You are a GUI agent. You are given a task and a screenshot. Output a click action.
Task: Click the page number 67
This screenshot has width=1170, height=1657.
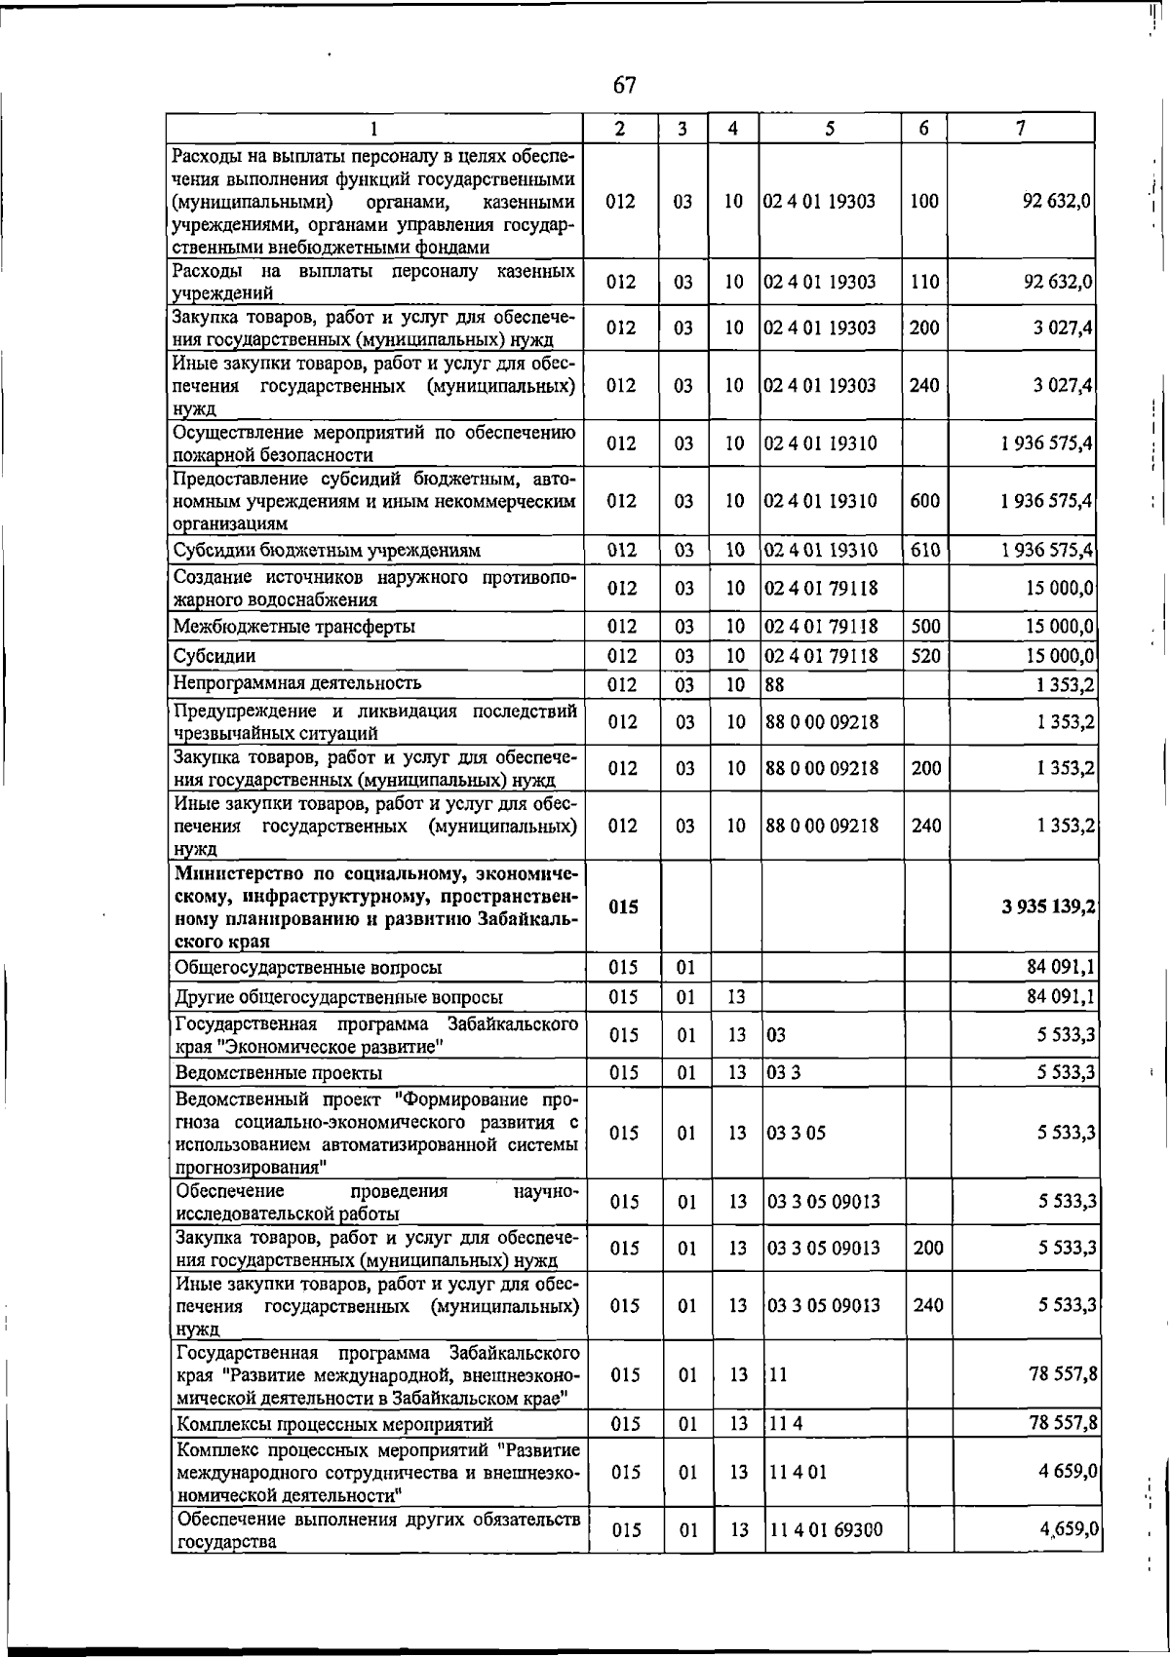pyautogui.click(x=624, y=86)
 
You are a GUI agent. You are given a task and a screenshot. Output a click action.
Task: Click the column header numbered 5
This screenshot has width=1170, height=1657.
pyautogui.click(x=829, y=128)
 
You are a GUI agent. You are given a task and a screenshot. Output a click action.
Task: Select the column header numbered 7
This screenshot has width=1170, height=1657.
pyautogui.click(x=1020, y=128)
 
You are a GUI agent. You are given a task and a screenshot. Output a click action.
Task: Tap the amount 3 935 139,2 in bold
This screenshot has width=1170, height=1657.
pyautogui.click(x=1046, y=906)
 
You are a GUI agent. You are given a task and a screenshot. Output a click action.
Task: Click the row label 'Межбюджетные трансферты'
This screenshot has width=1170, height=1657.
pyautogui.click(x=294, y=627)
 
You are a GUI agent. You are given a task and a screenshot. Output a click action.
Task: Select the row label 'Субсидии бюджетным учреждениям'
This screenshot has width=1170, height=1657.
pyautogui.click(x=327, y=551)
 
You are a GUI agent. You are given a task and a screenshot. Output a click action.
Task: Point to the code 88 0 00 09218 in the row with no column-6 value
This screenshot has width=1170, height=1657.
pyautogui.click(x=822, y=722)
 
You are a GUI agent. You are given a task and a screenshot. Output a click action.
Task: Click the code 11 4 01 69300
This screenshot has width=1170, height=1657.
pyautogui.click(x=827, y=1530)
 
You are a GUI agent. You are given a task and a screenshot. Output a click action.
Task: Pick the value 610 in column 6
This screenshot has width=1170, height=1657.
pyautogui.click(x=924, y=551)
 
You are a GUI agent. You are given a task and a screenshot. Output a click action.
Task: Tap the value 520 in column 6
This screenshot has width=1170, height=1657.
pyautogui.click(x=925, y=656)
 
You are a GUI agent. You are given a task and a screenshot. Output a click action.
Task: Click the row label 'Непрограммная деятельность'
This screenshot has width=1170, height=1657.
pyautogui.click(x=297, y=683)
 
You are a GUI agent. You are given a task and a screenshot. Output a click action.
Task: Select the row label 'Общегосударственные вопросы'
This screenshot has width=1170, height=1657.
pyautogui.click(x=307, y=968)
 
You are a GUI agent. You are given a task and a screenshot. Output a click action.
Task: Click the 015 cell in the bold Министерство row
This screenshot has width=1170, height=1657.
pyautogui.click(x=623, y=906)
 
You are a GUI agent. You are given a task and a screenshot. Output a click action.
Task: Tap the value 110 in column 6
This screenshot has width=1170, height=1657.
pyautogui.click(x=924, y=283)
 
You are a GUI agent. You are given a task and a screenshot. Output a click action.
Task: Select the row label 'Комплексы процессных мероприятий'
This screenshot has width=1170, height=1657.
pyautogui.click(x=333, y=1425)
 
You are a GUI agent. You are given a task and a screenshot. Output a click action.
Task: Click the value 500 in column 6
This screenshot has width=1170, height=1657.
pyautogui.click(x=925, y=627)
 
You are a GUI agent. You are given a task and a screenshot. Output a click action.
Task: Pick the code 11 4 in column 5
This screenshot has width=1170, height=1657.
pyautogui.click(x=786, y=1425)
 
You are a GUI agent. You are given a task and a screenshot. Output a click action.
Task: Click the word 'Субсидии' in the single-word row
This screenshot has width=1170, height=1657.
pyautogui.click(x=214, y=656)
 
